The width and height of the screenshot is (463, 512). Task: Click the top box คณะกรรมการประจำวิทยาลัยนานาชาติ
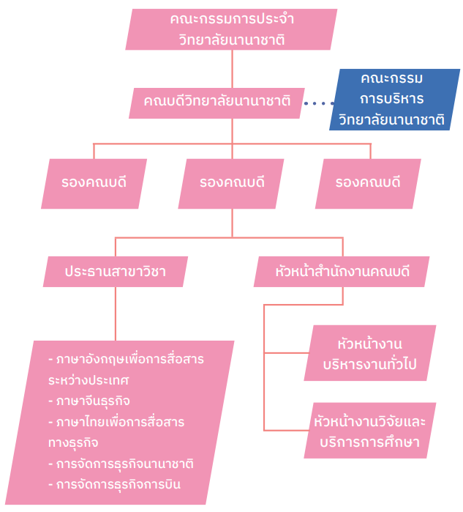231,29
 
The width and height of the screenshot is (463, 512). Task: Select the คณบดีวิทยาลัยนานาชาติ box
217,103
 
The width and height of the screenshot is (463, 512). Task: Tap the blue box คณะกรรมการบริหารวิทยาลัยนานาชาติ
394,100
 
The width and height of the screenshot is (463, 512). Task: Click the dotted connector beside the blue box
319,103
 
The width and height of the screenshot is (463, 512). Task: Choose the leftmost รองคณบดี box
94,184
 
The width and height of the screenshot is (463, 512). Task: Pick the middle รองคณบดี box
231,184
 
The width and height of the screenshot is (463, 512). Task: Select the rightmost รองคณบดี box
368,184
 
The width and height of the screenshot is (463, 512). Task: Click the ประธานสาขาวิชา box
116,272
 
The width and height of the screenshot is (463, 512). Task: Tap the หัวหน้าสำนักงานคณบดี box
342,272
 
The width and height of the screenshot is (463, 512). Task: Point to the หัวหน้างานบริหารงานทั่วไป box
370,353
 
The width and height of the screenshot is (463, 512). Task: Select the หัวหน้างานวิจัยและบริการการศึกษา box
370,431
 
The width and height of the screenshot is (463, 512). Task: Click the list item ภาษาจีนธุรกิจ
89,401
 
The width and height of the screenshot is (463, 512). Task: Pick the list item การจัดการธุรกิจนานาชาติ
121,464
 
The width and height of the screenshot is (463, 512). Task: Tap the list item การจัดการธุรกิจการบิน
114,485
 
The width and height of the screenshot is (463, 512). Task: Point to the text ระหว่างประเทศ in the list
89,380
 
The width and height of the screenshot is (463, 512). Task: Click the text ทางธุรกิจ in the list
73,443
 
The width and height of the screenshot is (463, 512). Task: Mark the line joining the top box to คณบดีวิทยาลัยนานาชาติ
232,69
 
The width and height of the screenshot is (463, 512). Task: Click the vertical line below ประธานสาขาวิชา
116,313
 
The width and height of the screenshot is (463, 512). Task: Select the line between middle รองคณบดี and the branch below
232,223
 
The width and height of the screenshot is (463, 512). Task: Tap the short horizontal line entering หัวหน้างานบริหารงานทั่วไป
286,353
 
